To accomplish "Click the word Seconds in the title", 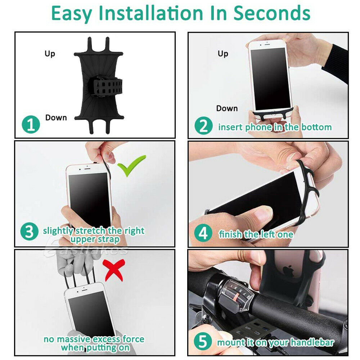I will pos(272,13).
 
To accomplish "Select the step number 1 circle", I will pos(31,125).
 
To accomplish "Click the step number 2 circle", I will pos(204,126).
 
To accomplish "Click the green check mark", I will pos(131,166).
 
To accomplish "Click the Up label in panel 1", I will pos(50,54).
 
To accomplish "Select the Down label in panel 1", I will pos(56,118).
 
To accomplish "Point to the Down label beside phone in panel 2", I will pos(227,108).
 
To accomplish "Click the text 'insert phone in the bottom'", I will pos(275,127).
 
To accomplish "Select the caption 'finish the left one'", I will pos(256,235).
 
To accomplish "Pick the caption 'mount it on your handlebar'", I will pos(275,342).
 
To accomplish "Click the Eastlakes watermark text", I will pos(86,249).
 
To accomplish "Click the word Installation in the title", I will pos(164,13).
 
